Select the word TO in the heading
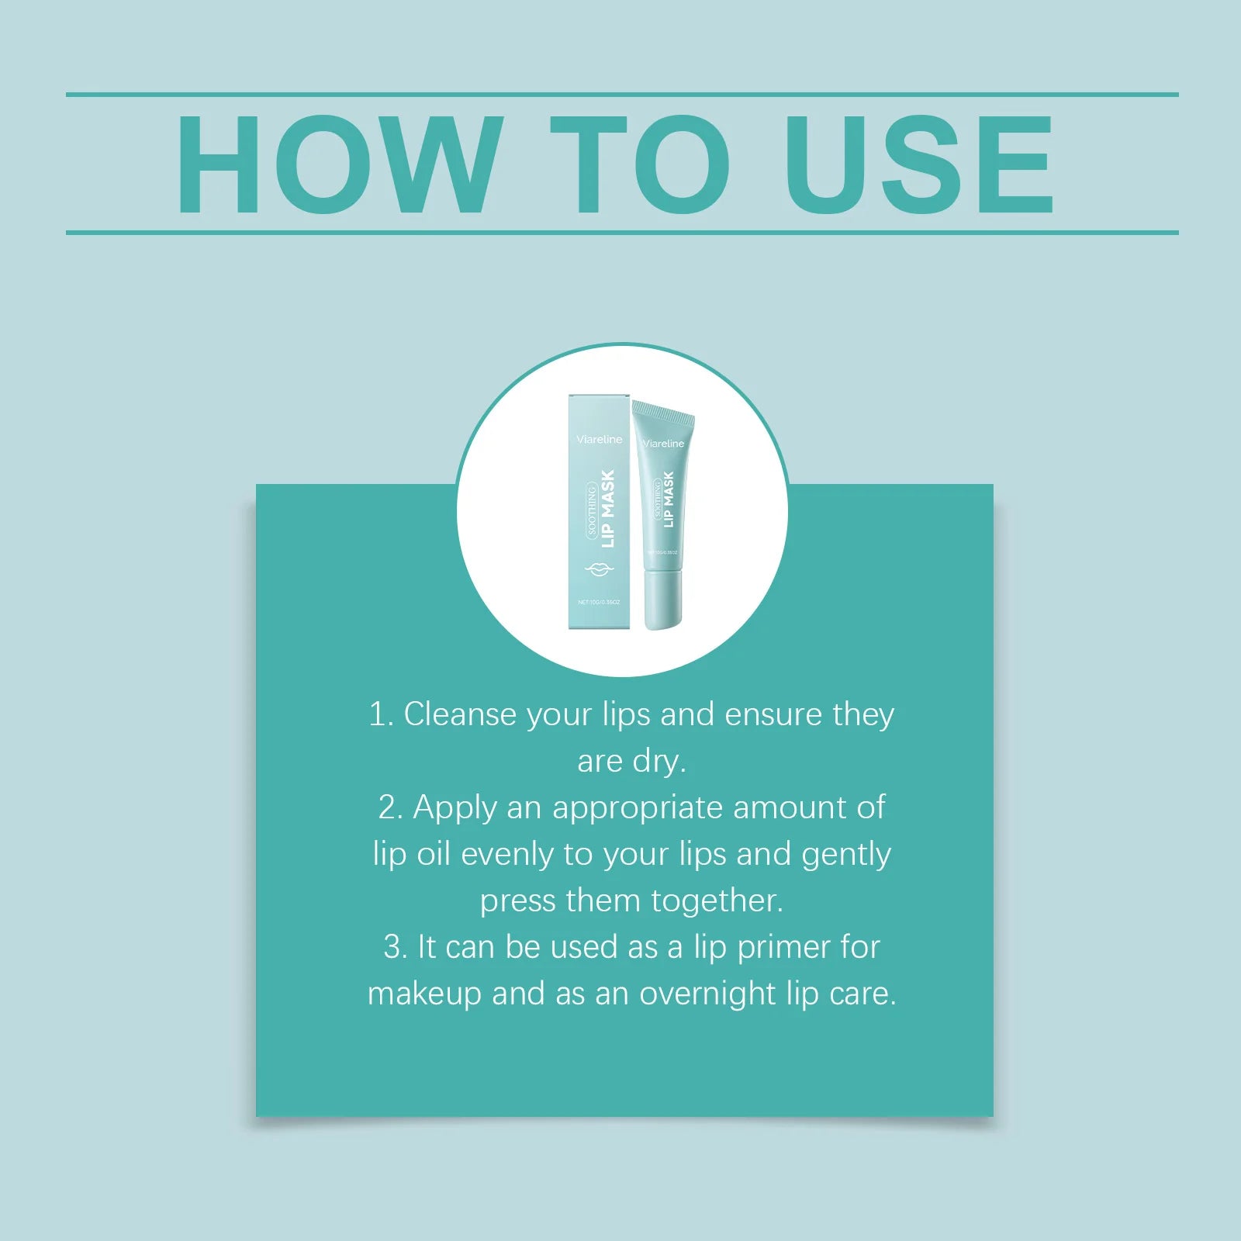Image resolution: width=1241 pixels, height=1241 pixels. [x=641, y=164]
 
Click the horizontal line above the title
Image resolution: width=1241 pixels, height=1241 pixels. [x=620, y=95]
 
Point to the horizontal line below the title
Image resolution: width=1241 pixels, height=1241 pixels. [x=620, y=232]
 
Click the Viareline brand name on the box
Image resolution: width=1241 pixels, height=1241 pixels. [x=599, y=440]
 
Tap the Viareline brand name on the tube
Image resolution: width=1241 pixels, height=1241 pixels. [x=664, y=444]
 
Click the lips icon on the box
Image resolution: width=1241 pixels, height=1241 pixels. [x=598, y=570]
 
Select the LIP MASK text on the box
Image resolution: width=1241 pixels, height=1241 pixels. [x=607, y=509]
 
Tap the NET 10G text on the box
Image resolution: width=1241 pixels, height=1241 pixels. [x=598, y=602]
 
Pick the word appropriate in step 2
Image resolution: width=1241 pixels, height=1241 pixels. [x=638, y=808]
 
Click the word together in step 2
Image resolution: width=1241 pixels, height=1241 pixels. [x=717, y=901]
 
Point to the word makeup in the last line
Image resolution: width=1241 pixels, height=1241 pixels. [x=424, y=994]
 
